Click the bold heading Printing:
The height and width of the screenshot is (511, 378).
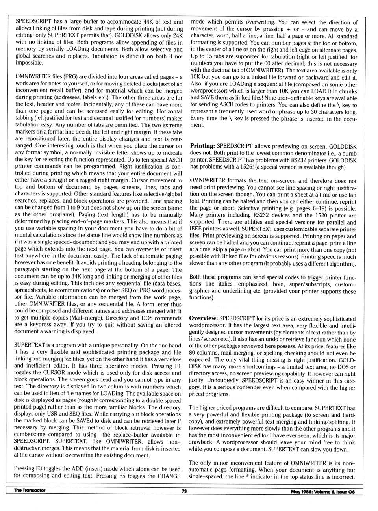click(x=202, y=146)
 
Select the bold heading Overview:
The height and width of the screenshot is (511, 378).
click(x=204, y=318)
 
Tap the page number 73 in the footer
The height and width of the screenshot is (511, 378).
click(x=184, y=491)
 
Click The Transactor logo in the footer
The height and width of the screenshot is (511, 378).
click(x=30, y=491)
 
